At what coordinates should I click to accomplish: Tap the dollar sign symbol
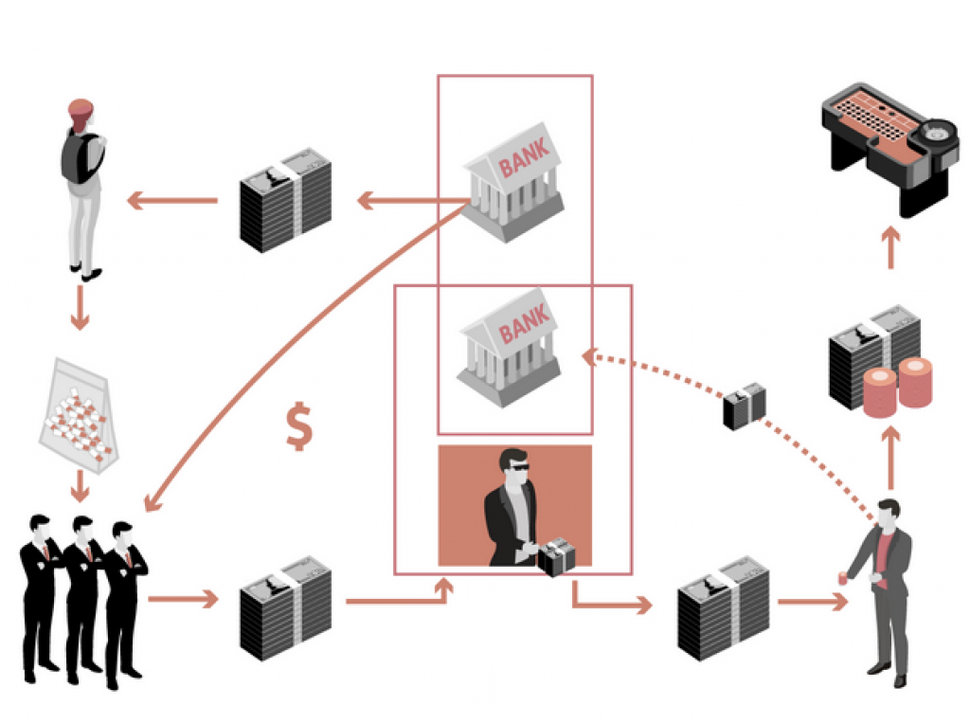[x=299, y=427]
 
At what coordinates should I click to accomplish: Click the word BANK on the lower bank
[x=524, y=327]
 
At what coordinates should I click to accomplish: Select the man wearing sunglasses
[x=510, y=507]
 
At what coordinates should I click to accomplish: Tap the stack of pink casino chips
[x=896, y=386]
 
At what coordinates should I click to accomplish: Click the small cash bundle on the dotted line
[x=745, y=406]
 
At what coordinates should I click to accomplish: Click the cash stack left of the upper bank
[x=285, y=199]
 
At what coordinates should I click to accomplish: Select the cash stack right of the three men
[x=285, y=606]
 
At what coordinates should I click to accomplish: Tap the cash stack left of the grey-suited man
[x=723, y=607]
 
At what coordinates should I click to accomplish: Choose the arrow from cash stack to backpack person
[x=171, y=200]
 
